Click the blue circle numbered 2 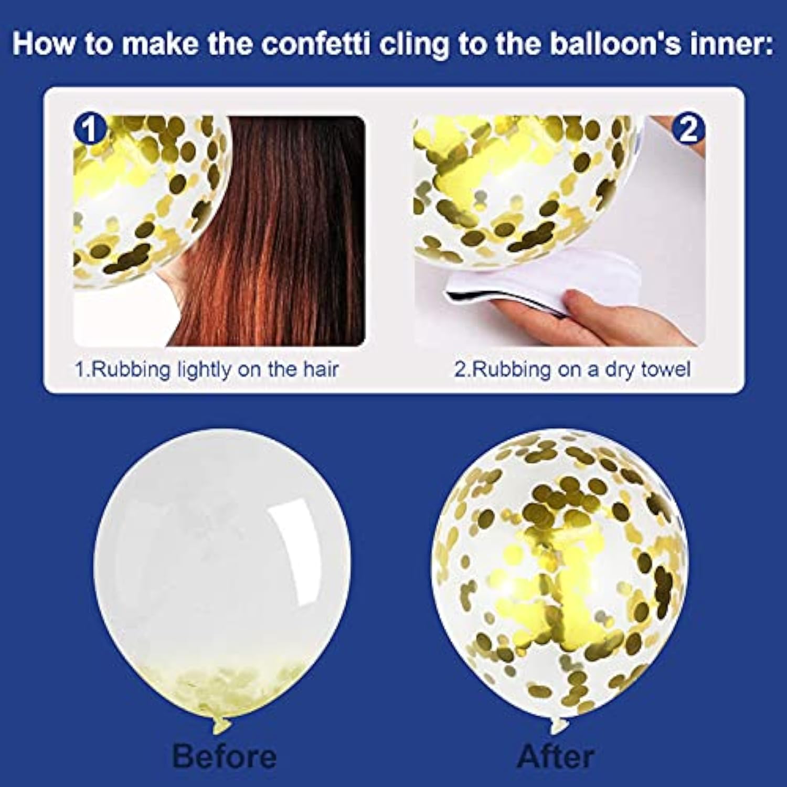click(688, 129)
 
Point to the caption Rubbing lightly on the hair click(207, 369)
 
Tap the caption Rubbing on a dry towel click(572, 369)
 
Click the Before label click(224, 756)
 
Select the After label click(556, 756)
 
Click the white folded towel click(540, 283)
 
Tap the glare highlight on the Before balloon click(294, 525)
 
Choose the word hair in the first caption click(321, 369)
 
